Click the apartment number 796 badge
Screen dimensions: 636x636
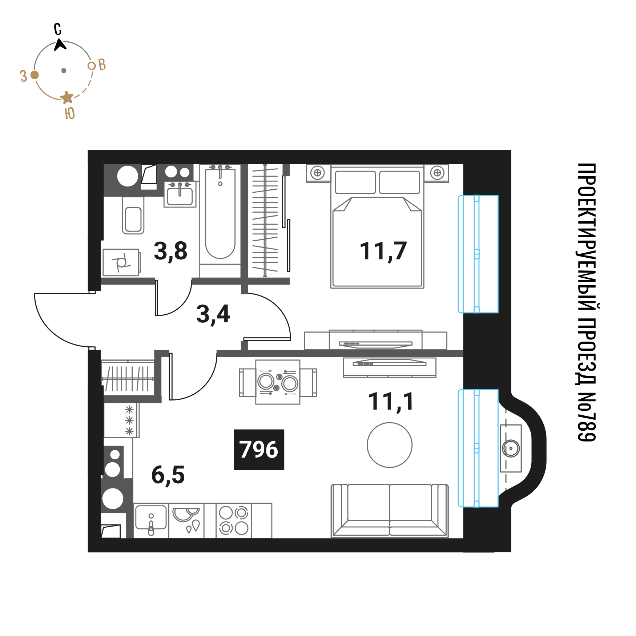[259, 450]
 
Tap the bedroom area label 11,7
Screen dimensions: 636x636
[383, 251]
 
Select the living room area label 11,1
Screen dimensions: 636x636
[391, 402]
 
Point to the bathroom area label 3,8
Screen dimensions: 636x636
[170, 251]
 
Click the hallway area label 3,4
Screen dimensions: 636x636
[213, 314]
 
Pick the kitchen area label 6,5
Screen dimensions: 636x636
[168, 475]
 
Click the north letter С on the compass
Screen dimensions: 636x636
[58, 29]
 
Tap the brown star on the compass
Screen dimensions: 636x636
[67, 97]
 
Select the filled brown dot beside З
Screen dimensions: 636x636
[35, 75]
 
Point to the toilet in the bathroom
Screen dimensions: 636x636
[133, 215]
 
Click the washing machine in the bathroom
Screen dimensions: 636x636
[121, 262]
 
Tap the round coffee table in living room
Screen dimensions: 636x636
[390, 445]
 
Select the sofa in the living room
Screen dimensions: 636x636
[390, 511]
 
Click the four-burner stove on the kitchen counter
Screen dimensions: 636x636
[234, 520]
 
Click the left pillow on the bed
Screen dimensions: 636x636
[355, 182]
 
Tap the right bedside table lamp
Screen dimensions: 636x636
[437, 173]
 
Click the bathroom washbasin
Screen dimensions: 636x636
[180, 194]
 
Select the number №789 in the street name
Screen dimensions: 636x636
[587, 416]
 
